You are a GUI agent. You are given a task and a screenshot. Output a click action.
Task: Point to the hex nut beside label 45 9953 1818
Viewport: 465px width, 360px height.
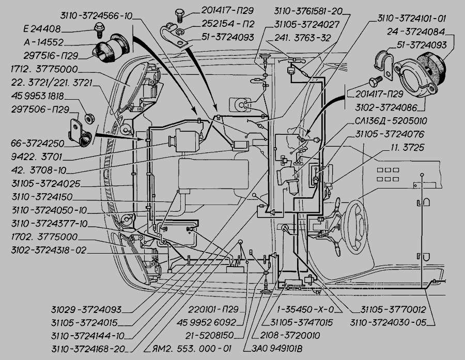(88, 118)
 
